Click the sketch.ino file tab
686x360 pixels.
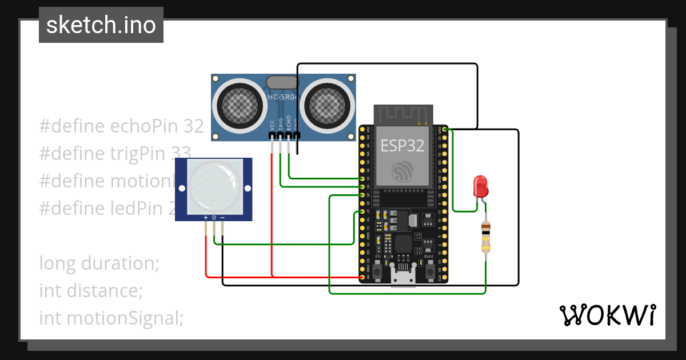101,25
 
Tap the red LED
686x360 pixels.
480,187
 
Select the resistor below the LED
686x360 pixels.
485,238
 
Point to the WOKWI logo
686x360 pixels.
607,315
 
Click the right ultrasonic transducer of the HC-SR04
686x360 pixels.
328,105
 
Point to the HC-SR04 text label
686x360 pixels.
282,97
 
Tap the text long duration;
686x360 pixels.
99,263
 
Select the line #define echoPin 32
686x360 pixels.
121,126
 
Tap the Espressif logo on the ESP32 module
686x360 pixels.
402,171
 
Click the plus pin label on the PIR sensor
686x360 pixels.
205,218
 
